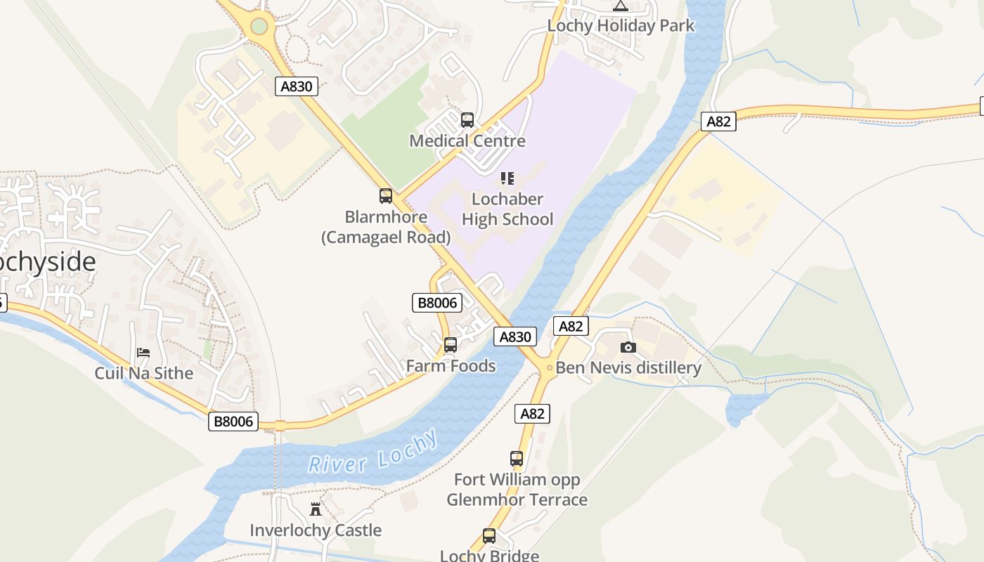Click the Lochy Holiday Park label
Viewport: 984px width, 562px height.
point(621,26)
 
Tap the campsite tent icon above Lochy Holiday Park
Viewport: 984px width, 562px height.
point(620,6)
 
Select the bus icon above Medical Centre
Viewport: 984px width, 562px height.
point(467,120)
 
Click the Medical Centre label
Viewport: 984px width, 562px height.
point(467,141)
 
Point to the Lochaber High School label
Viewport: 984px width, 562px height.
point(507,209)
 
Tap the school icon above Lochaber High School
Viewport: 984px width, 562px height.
point(507,178)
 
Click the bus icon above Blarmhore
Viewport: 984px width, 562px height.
point(386,196)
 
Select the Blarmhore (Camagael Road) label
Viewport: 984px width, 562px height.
point(386,227)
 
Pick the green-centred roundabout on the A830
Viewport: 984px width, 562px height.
point(259,27)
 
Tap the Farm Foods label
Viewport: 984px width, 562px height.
point(451,366)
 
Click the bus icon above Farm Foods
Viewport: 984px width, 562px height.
point(451,345)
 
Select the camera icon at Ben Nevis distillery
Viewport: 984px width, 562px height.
point(628,347)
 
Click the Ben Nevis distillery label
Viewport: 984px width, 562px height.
point(628,368)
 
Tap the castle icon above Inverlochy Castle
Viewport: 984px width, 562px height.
point(316,509)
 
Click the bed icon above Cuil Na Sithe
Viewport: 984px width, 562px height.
point(143,352)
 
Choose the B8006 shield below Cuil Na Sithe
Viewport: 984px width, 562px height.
point(233,421)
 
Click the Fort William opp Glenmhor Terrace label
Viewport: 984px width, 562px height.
point(517,490)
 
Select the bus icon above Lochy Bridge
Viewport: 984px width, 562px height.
point(489,536)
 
